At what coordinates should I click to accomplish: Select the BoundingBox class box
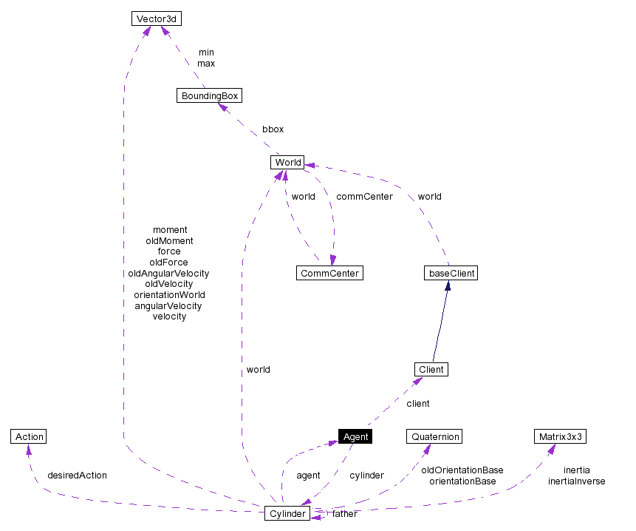pos(209,95)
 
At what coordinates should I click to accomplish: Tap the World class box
pos(287,163)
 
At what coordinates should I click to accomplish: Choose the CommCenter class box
pos(329,273)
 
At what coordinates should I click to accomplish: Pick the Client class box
pos(431,369)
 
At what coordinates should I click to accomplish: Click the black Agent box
pos(355,436)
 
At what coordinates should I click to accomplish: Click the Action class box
pos(29,436)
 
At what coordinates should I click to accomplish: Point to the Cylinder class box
pos(287,513)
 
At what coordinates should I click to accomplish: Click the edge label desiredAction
pos(77,476)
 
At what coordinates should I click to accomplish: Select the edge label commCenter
pos(364,197)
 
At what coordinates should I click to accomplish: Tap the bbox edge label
pos(273,129)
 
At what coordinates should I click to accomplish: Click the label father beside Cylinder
pos(344,514)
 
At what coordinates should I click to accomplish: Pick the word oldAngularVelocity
pos(168,273)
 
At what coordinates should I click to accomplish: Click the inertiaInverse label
pos(576,481)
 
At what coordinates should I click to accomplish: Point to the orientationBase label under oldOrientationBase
pos(462,481)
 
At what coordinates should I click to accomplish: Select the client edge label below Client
pos(417,404)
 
